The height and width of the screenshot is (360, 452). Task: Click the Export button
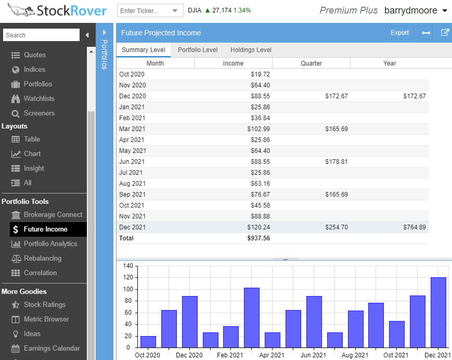pos(399,33)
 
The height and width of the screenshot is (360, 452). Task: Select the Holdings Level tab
pos(251,50)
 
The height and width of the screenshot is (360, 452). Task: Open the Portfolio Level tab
pos(198,50)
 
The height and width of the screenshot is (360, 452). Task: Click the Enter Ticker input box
pos(146,11)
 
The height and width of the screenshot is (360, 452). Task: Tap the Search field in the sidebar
pos(41,35)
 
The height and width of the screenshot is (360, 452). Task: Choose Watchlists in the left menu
pos(39,98)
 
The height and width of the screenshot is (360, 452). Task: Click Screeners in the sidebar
pos(39,113)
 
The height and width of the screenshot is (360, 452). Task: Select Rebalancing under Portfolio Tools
pos(43,258)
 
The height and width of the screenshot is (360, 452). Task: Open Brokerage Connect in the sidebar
pos(53,214)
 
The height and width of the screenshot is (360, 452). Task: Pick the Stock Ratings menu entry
pos(45,304)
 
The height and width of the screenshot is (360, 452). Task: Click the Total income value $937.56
pos(259,238)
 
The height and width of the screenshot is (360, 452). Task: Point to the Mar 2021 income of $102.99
pos(259,129)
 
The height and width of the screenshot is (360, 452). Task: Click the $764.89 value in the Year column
pos(415,227)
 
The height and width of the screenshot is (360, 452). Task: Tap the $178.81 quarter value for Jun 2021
pos(337,162)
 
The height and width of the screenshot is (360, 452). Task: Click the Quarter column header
pos(311,63)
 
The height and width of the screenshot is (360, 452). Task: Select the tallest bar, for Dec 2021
pos(438,312)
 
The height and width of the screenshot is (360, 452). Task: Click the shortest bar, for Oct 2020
pos(148,342)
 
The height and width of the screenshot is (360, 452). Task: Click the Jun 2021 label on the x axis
pos(313,355)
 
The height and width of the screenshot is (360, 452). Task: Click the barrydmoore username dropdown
pos(416,10)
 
